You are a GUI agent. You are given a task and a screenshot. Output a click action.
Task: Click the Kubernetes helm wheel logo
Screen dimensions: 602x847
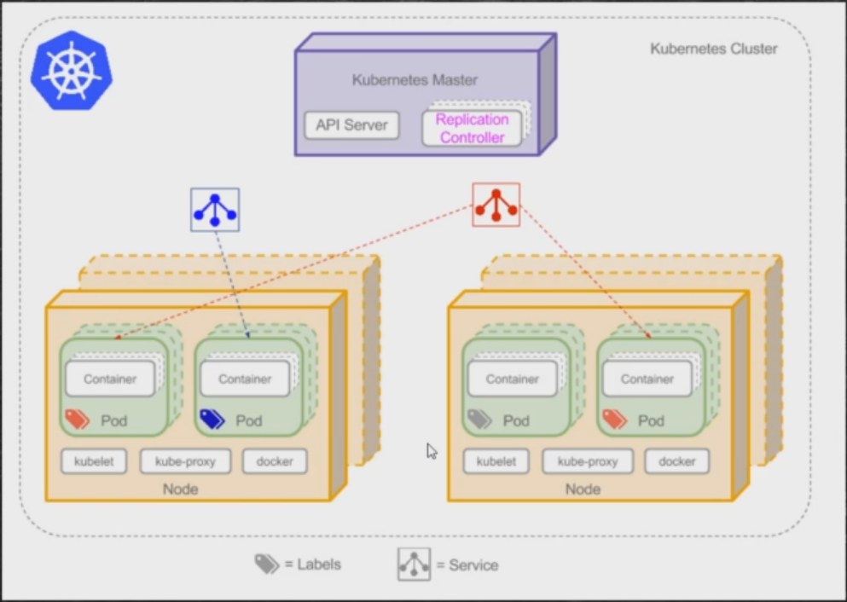coord(72,72)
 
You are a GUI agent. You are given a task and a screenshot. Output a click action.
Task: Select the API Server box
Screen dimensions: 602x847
coord(351,125)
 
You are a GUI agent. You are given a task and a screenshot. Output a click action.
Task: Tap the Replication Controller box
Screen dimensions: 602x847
coord(472,128)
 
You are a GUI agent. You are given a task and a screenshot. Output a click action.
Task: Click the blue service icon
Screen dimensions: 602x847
coord(215,210)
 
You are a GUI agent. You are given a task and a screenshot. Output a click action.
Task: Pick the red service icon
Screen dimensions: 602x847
coord(496,205)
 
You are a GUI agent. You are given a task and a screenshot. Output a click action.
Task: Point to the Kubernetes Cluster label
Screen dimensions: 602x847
coord(713,49)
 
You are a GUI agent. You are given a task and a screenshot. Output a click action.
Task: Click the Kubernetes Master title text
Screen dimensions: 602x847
coord(415,80)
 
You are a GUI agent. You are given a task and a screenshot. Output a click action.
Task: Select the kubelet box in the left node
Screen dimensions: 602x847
coord(94,461)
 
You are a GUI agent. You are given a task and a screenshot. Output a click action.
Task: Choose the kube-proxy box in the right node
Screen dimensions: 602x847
coord(588,461)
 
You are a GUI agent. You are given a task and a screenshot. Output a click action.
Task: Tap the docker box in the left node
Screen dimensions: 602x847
coord(275,461)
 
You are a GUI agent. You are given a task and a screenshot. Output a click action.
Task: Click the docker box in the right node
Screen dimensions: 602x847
coord(677,461)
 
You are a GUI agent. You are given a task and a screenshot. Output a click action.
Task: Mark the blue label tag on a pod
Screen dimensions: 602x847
coord(212,419)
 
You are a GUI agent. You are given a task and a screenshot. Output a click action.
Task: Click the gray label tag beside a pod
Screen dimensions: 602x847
coord(479,419)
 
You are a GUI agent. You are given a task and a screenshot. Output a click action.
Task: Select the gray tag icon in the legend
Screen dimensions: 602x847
coord(266,564)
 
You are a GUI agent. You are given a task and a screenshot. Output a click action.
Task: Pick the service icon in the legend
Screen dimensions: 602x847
coord(414,564)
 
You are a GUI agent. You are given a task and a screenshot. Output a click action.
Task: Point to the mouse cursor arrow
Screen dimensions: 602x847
coord(432,450)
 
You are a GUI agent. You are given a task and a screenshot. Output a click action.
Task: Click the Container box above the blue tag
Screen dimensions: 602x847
coord(246,379)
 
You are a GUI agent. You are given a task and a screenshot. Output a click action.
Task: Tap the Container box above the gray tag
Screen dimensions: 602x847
coord(513,379)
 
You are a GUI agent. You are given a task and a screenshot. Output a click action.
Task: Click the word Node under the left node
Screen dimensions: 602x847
coord(180,489)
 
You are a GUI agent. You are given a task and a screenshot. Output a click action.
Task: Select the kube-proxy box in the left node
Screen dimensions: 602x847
coord(185,461)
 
